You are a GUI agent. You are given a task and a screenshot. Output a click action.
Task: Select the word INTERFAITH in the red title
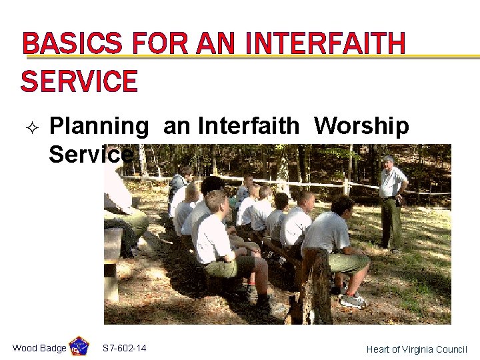click(x=325, y=45)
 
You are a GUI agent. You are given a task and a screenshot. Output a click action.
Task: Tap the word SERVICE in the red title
click(x=79, y=82)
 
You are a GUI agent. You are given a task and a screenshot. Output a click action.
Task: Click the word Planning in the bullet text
click(x=99, y=126)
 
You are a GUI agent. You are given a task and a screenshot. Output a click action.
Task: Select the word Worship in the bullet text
click(x=361, y=126)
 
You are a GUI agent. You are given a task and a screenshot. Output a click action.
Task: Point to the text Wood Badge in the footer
click(x=39, y=348)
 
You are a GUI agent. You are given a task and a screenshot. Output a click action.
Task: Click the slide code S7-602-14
click(x=125, y=348)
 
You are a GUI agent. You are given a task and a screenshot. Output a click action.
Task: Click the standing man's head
click(x=387, y=163)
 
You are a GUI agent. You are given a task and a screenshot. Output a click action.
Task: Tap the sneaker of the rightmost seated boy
click(x=352, y=301)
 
